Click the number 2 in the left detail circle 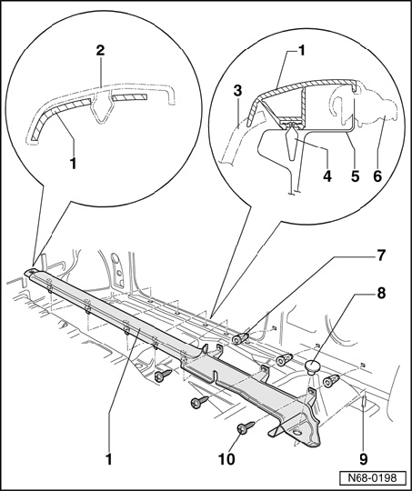tap(100, 50)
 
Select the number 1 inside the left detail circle tap(74, 163)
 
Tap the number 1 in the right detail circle tap(301, 50)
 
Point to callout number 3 tap(237, 91)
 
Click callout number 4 tap(327, 176)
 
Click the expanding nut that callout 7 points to tap(241, 338)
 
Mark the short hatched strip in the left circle tap(130, 97)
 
